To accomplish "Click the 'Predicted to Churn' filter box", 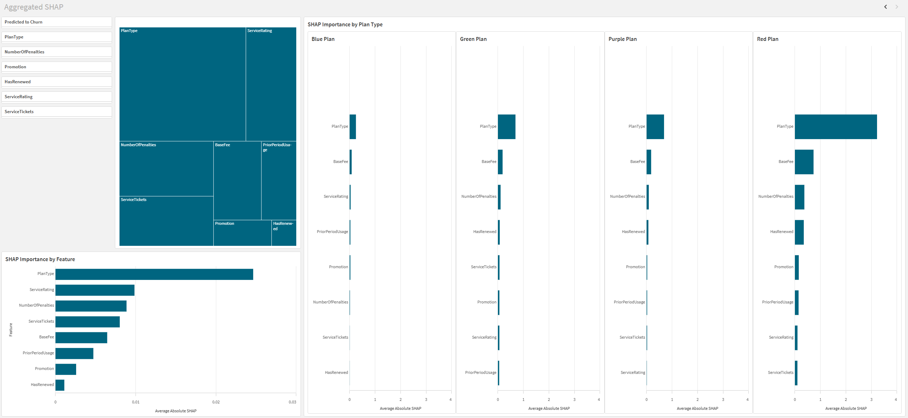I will tap(56, 22).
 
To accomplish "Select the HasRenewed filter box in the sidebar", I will tap(56, 82).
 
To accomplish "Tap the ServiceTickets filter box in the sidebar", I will tap(56, 112).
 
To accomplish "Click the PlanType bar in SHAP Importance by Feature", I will tap(154, 274).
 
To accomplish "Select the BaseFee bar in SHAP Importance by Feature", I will tap(81, 338).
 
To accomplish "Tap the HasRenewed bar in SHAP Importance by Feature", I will tap(60, 385).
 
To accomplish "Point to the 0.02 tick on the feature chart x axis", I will tap(216, 402).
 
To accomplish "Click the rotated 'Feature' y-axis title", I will tap(11, 330).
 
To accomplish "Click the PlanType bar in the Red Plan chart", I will tap(835, 127).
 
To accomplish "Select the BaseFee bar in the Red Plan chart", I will tap(804, 162).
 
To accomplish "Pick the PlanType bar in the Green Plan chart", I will tap(506, 127).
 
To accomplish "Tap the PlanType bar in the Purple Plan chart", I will tap(655, 127).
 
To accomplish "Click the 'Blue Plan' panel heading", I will tap(323, 39).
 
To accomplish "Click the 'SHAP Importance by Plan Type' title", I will tap(345, 25).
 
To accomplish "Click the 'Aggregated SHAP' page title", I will tap(34, 7).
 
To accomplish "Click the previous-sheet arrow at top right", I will tap(886, 7).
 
